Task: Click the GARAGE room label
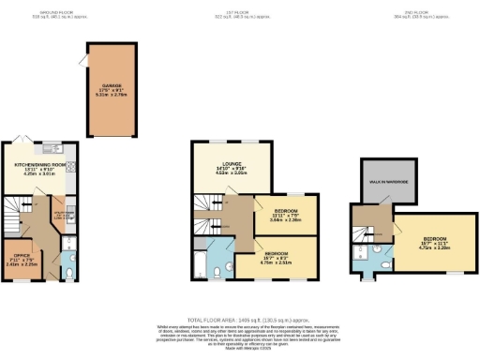[x=113, y=84]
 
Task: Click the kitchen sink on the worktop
[x=52, y=149]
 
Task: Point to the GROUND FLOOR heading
[x=43, y=12]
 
